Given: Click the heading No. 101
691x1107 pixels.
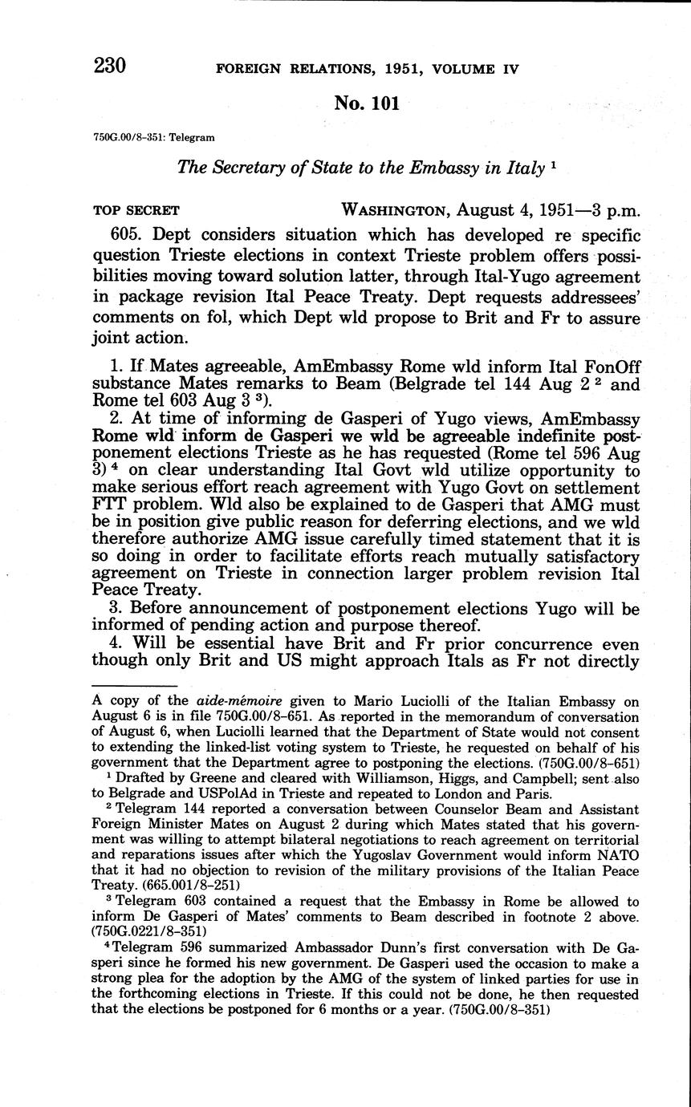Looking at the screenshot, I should pyautogui.click(x=366, y=103).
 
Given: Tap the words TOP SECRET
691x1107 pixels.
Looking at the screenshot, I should pyautogui.click(x=136, y=211).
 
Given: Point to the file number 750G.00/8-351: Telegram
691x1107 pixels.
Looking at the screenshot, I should pyautogui.click(x=153, y=137).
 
